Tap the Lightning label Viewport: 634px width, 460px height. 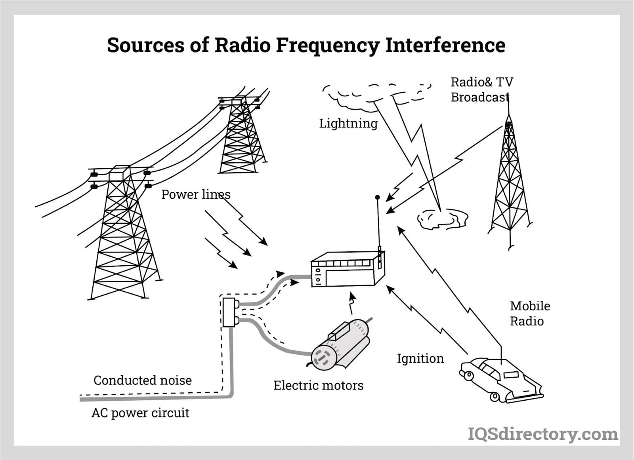pyautogui.click(x=348, y=124)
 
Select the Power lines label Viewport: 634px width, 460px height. pyautogui.click(x=196, y=194)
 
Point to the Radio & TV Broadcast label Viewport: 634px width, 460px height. pyautogui.click(x=482, y=89)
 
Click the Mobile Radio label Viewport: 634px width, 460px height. pyautogui.click(x=530, y=314)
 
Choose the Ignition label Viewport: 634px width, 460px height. pyautogui.click(x=420, y=359)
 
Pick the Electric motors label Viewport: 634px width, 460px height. pyautogui.click(x=319, y=385)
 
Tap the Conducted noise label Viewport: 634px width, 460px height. pyautogui.click(x=143, y=380)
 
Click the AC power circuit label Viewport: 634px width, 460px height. pyautogui.click(x=140, y=413)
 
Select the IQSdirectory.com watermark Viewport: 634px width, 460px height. pyautogui.click(x=543, y=434)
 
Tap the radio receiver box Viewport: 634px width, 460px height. pyautogui.click(x=348, y=270)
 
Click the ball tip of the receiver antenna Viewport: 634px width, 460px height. pyautogui.click(x=377, y=198)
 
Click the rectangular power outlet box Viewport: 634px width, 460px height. pyautogui.click(x=229, y=312)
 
